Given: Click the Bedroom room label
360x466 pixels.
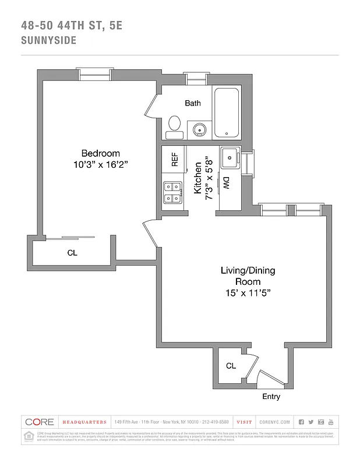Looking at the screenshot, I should (100, 153).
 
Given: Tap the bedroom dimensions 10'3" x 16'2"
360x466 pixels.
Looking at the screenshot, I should (100, 164).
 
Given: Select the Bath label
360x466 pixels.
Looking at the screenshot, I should (193, 103).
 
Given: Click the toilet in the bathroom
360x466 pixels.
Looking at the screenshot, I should (174, 126).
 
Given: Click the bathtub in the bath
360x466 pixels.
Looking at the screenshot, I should (227, 112).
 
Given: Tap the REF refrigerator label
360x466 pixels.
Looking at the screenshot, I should (174, 160).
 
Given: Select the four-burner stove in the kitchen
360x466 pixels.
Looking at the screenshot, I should (172, 193).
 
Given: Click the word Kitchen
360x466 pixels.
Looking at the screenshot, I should (197, 178).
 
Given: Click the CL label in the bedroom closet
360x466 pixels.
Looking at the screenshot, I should (72, 253).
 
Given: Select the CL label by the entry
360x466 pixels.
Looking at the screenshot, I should (231, 366).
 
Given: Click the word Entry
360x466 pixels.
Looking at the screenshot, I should (271, 397).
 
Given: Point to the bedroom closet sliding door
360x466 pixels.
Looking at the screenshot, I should (70, 237).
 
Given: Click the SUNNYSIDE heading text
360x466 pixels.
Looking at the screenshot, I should (50, 41).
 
